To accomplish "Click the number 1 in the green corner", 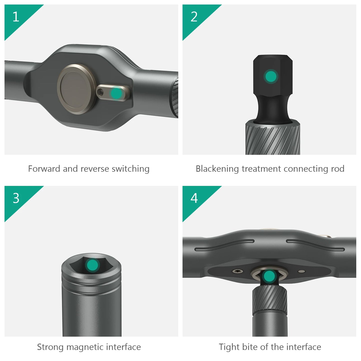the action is pos(16,17).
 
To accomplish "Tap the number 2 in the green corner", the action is pos(194,17).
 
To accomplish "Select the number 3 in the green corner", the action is pos(16,198).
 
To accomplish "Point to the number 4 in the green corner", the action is pos(194,198).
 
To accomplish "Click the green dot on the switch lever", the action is pos(116,93).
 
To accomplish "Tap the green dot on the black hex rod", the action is pos(271,76).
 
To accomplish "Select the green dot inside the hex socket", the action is pos(92,265).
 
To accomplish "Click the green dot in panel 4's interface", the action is pos(269,276).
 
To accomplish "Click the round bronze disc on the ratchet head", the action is pos(77,89).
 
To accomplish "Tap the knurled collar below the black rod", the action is pos(273,137).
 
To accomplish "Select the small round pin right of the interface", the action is pos(302,271).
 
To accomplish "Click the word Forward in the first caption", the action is pos(44,169).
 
